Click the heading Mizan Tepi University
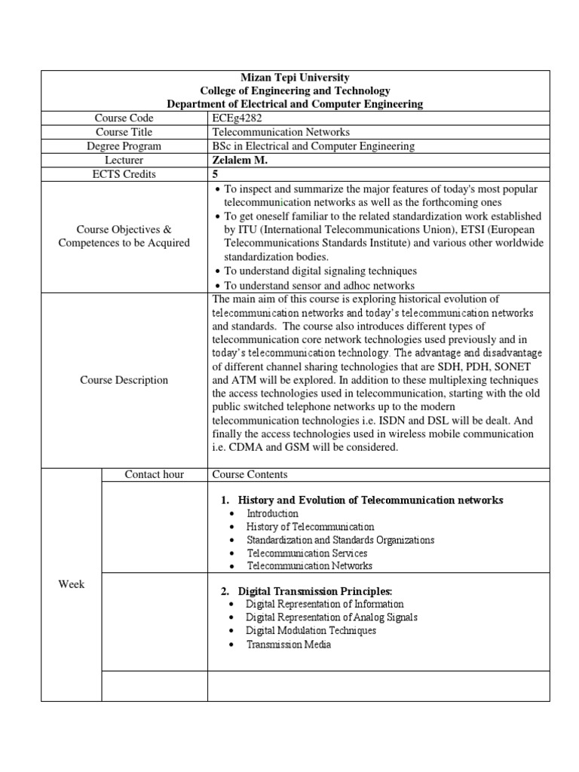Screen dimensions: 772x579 294,77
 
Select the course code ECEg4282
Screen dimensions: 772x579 237,118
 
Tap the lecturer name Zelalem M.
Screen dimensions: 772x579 239,160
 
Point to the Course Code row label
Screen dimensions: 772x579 124,118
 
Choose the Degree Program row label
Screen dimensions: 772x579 124,146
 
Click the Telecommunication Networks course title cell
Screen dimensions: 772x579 271,132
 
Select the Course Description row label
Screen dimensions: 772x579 124,380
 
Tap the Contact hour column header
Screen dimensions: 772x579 154,474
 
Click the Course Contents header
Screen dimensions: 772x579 250,474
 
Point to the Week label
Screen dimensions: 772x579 72,585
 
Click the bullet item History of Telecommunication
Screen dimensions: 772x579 310,527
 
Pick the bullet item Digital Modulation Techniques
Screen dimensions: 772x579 311,630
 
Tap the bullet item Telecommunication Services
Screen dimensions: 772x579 307,553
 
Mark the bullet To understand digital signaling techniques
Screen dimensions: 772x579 320,271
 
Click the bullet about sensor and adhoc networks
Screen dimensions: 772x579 319,285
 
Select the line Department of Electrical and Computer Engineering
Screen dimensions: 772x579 294,104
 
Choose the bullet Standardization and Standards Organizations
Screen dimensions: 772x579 340,540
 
